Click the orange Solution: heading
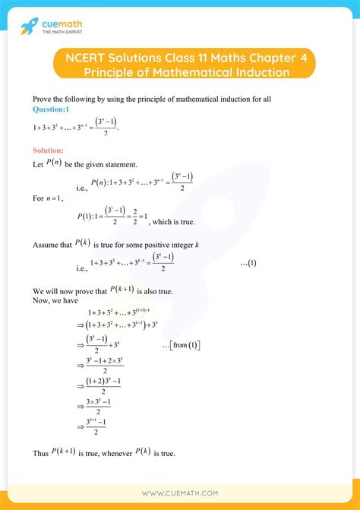click(x=48, y=150)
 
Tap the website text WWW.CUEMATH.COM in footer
click(x=180, y=493)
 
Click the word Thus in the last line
click(x=40, y=453)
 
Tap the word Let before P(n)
click(x=38, y=163)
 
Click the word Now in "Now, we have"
click(x=41, y=300)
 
